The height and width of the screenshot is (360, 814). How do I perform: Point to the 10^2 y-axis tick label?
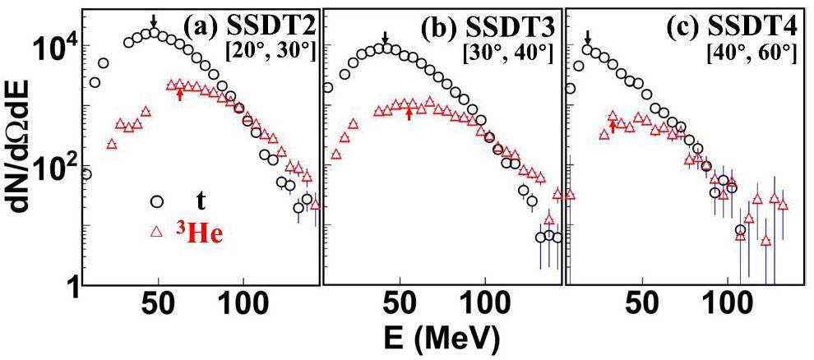click(52, 167)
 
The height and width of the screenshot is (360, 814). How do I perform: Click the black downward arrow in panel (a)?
click(153, 21)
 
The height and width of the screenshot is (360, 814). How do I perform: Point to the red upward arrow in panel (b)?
click(409, 113)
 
